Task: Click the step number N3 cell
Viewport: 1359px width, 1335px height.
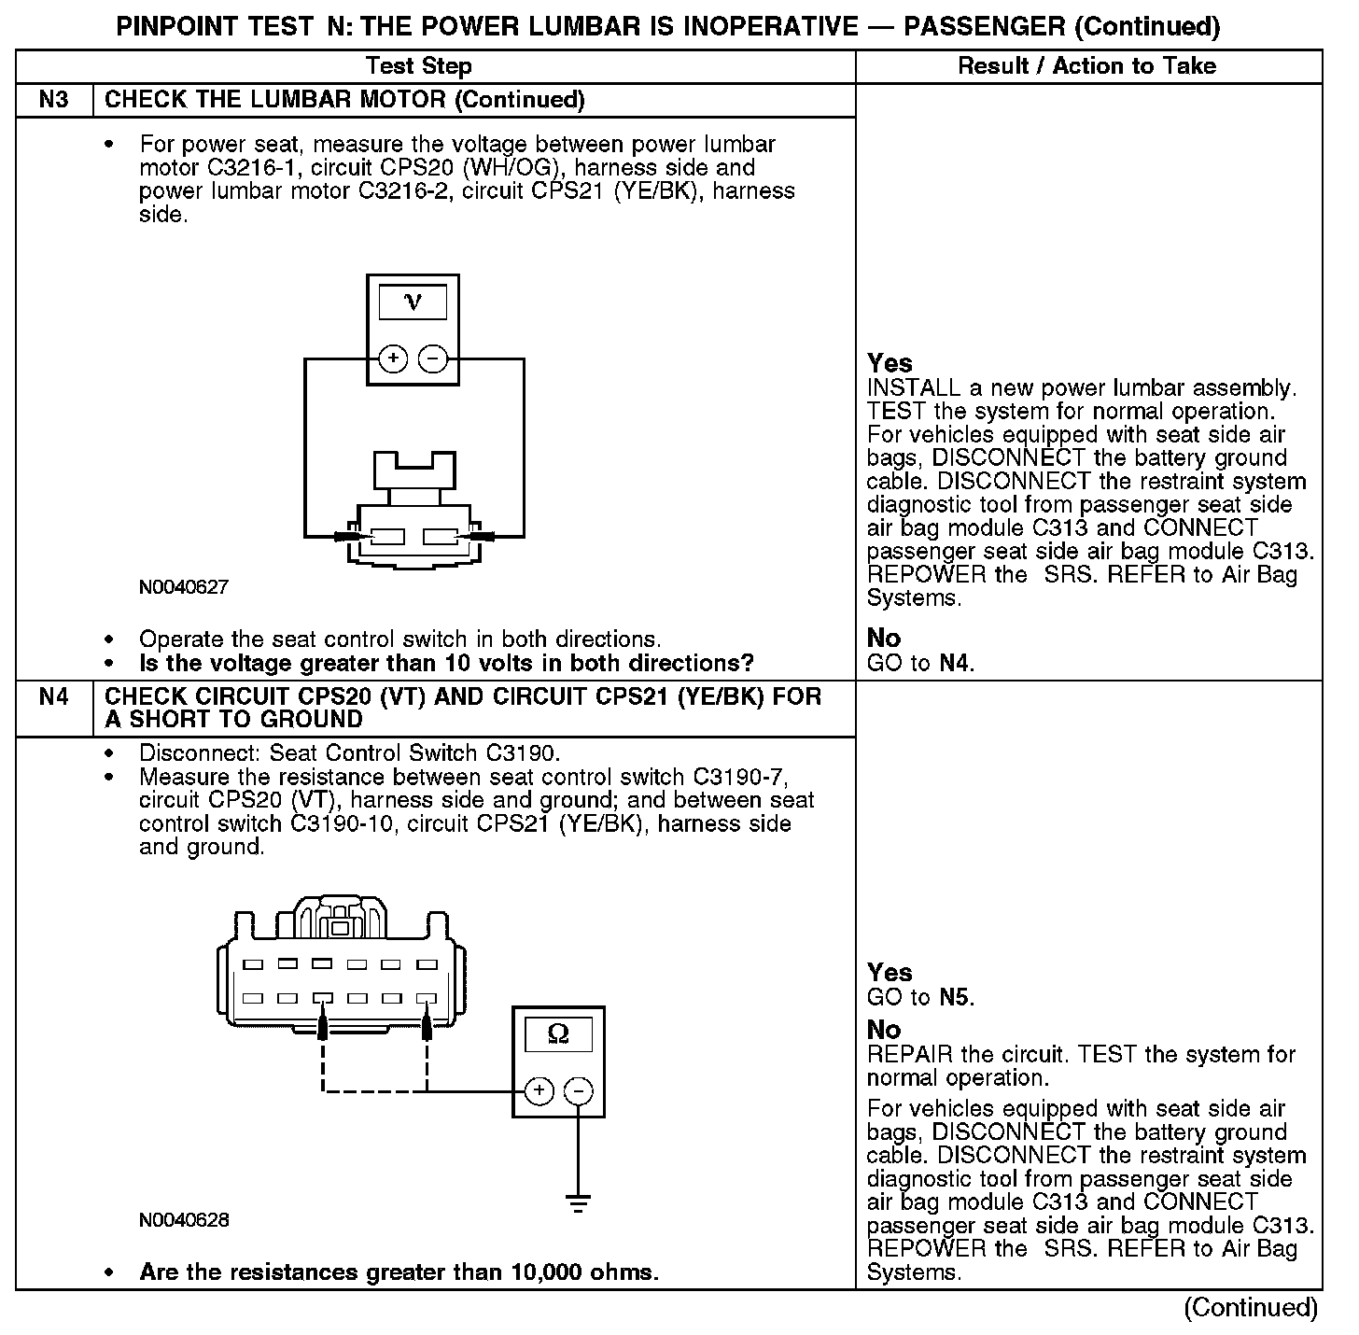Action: (x=54, y=100)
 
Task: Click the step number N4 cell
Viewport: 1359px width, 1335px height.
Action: (x=54, y=696)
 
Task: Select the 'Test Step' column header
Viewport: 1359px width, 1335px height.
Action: (x=418, y=66)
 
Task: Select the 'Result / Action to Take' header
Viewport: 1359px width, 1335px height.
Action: (x=1087, y=66)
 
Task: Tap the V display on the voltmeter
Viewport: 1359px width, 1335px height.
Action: (x=413, y=302)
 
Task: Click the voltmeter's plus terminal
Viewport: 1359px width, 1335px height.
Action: (x=393, y=358)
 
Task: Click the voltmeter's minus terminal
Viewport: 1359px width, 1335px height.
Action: (x=432, y=358)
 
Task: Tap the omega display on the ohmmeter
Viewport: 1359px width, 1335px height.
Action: (x=558, y=1034)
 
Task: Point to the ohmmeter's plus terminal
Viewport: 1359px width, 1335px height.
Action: (x=539, y=1090)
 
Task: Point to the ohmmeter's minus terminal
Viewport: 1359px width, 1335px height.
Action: (x=579, y=1090)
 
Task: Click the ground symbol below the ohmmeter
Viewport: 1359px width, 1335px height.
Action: (x=579, y=1201)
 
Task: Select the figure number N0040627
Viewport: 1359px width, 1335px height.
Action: (x=184, y=587)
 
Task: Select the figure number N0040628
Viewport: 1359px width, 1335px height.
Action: (x=184, y=1220)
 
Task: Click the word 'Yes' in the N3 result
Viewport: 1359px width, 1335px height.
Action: (x=890, y=363)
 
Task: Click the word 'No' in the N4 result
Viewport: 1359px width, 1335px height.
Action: (x=884, y=1030)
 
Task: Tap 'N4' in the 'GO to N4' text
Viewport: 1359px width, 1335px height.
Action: (x=954, y=664)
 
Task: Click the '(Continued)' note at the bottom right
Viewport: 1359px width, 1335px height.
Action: (x=1251, y=1308)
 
